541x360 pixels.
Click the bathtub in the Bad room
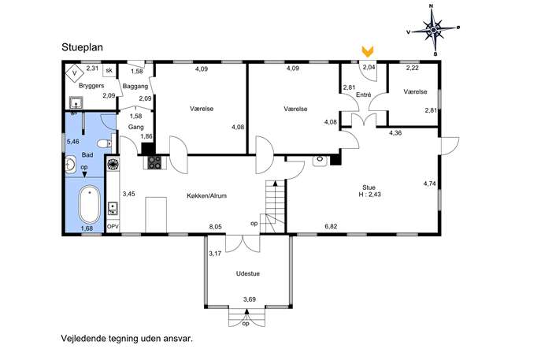coord(89,205)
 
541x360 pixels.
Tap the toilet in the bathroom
coord(104,143)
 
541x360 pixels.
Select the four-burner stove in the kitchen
coord(154,162)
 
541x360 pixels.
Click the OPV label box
coord(113,227)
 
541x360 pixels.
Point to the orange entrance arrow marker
coord(368,51)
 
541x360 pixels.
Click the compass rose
coord(433,31)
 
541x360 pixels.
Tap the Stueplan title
coord(82,47)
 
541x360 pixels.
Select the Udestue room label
coord(248,273)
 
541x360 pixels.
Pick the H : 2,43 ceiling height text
coord(369,195)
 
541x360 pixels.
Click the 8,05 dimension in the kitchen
coord(216,227)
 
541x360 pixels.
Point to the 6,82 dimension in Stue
coord(331,226)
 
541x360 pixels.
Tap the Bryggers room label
coord(91,86)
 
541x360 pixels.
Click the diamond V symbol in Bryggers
coord(75,72)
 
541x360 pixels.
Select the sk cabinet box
coord(109,70)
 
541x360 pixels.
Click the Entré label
coord(363,95)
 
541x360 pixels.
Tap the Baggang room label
coord(135,87)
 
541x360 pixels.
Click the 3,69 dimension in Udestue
coord(250,299)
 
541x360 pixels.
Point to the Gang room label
coord(135,127)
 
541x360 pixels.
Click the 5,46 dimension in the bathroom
coord(72,142)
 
